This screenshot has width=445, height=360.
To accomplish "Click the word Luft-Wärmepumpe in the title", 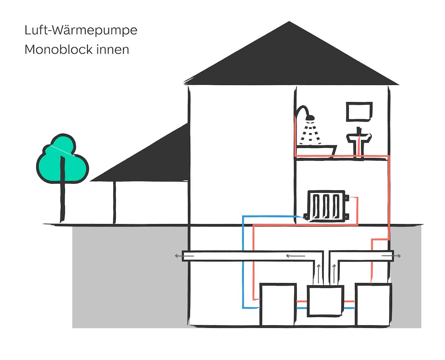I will tap(81, 30).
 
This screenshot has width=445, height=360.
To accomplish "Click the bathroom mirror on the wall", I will tap(359, 111).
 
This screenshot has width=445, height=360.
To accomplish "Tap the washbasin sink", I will tap(359, 138).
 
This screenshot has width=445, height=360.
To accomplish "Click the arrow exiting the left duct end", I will tap(178, 256).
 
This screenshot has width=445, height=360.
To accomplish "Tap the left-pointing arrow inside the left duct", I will tap(295, 256).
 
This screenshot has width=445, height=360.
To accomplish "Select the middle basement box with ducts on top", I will tap(326, 301).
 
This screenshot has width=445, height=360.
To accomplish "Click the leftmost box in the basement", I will tap(278, 304).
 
